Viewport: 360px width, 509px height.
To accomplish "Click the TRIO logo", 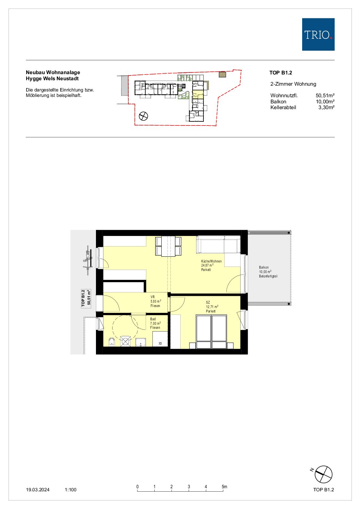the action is [x=318, y=34].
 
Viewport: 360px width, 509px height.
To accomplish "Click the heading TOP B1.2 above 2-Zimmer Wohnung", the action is [x=281, y=73].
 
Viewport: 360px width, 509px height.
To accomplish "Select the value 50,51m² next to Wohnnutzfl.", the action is [x=325, y=96].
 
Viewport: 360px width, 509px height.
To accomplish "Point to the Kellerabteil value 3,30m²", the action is [x=326, y=107].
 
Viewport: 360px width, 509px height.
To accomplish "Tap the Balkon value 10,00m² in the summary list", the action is [x=325, y=102].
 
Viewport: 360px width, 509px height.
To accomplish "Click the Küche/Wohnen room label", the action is [x=211, y=261].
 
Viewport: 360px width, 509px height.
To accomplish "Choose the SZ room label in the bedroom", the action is [x=208, y=303].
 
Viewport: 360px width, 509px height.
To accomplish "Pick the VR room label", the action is [x=152, y=297].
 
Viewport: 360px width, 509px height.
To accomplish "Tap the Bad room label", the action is [x=153, y=319].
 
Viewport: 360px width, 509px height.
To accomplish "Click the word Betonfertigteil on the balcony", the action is [x=268, y=276].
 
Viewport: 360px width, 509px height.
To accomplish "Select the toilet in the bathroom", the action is [x=112, y=342].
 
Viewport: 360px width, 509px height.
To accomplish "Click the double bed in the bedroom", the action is [x=212, y=332].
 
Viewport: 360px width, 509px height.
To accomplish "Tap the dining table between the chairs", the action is [x=168, y=246].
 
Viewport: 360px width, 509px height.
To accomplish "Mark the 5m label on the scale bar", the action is [x=225, y=487].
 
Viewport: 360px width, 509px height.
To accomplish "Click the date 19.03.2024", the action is [x=38, y=490].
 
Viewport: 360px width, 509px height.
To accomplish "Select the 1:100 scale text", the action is [x=70, y=490].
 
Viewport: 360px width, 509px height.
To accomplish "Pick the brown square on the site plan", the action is [x=222, y=74].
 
